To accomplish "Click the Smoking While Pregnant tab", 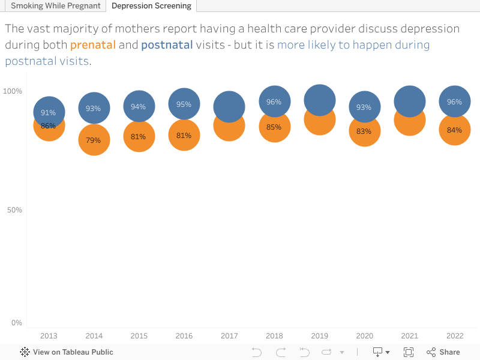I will tap(55, 6).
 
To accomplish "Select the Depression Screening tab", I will tap(151, 6).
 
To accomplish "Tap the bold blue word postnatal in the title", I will tap(167, 45).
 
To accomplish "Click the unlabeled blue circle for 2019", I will tap(320, 100).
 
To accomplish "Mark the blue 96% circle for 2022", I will tap(454, 101).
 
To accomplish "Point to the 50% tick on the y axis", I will tap(13, 210).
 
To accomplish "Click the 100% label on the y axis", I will tap(13, 91).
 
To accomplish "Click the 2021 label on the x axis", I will tap(409, 336).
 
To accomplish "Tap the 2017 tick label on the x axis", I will tap(229, 336).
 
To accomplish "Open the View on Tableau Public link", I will tap(67, 352).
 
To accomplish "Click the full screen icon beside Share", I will tap(409, 352).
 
